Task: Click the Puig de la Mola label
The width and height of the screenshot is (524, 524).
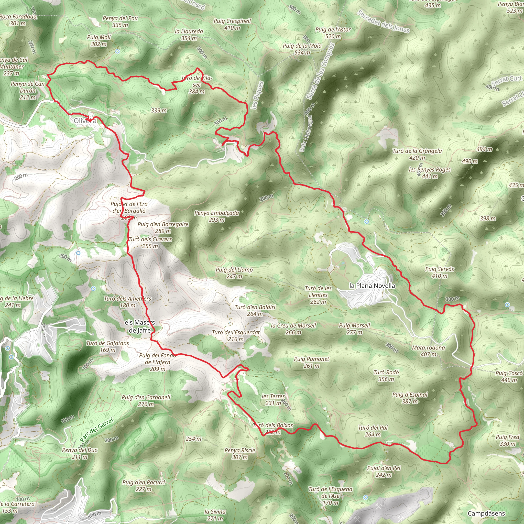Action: (302, 49)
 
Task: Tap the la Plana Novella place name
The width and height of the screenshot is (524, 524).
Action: (372, 286)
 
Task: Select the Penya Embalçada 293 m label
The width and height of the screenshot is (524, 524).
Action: (217, 216)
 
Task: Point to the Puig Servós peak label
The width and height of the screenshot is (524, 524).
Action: (439, 272)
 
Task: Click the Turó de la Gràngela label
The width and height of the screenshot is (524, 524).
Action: (417, 154)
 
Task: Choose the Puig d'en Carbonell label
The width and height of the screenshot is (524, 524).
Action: (146, 401)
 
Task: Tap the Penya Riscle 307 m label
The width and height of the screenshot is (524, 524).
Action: (240, 453)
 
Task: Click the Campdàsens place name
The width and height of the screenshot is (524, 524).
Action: (486, 513)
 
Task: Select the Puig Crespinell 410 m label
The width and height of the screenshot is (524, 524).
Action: (232, 24)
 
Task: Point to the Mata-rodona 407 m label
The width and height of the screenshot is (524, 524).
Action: (428, 351)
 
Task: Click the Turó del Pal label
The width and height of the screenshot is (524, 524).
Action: (373, 431)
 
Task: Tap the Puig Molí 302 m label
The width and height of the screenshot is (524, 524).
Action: (99, 40)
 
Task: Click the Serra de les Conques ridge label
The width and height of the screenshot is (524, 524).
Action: (320, 71)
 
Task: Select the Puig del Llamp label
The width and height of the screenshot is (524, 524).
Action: (234, 273)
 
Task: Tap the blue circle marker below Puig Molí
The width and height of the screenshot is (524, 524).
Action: (117, 51)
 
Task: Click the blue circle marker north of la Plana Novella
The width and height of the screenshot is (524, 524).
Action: (367, 222)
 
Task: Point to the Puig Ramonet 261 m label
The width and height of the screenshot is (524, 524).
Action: (312, 362)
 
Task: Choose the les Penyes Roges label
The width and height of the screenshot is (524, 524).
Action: (430, 173)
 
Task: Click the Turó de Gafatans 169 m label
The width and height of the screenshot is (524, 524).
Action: (108, 346)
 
